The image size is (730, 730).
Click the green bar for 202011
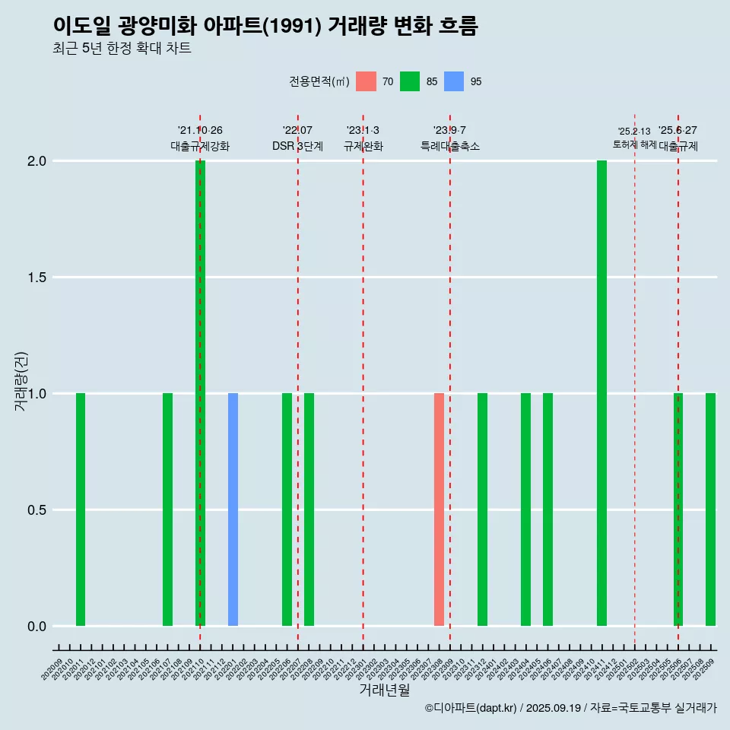[x=81, y=509]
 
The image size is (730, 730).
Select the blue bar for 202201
[x=233, y=509]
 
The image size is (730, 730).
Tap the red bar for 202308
[x=439, y=509]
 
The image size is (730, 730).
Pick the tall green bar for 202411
[x=601, y=393]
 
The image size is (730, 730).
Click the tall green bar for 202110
[x=200, y=393]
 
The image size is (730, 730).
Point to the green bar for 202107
[x=167, y=509]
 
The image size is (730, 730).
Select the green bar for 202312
[x=482, y=509]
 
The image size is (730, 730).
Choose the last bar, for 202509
[x=710, y=509]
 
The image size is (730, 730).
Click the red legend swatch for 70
[x=366, y=81]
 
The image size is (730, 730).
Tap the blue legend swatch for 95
[x=454, y=81]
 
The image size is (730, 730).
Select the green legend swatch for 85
[x=410, y=81]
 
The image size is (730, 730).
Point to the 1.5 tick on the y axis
[x=36, y=278]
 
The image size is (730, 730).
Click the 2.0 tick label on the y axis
[x=36, y=161]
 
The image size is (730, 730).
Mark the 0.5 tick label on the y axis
[x=36, y=510]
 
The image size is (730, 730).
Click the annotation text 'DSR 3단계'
[x=297, y=146]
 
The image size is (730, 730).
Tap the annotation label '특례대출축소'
[x=450, y=146]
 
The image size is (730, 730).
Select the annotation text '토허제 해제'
[x=634, y=144]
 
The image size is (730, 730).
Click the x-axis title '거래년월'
[x=384, y=690]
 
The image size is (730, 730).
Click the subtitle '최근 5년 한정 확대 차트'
[x=122, y=49]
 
